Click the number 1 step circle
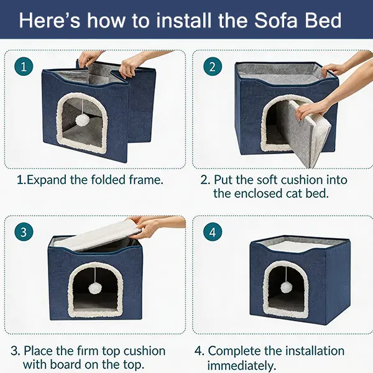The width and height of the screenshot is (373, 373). pos(24,67)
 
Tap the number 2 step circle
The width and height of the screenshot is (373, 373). pos(213,67)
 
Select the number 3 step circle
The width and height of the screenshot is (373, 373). pos(24,232)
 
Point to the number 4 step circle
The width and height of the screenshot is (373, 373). pos(213,232)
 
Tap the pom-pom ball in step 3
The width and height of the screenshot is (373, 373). pos(96,288)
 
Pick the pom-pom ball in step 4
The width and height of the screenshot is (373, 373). pos(287,288)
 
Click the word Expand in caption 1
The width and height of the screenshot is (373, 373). pos(47,180)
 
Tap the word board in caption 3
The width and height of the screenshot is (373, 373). pos(67,364)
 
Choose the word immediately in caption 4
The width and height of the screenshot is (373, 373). pos(242,366)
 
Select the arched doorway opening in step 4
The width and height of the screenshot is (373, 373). pos(286,290)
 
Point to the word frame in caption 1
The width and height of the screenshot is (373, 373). pos(146,180)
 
